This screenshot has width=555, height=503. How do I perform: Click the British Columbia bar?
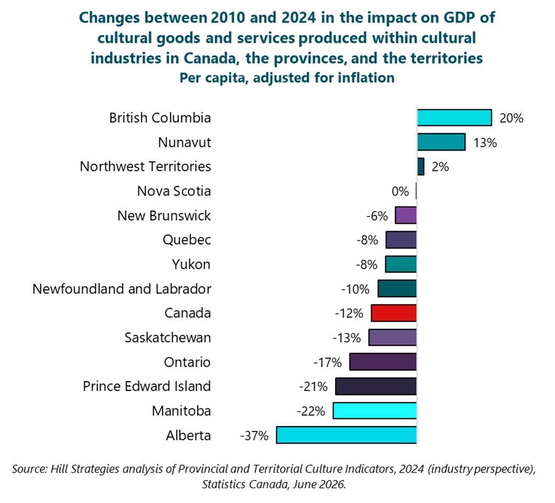coord(454,118)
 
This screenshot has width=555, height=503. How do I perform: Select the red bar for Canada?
coord(394,313)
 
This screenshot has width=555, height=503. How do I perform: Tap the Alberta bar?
coord(347,435)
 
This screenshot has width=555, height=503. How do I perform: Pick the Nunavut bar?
coord(441,142)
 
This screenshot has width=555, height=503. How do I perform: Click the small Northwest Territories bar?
coord(420,166)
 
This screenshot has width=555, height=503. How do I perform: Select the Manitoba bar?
coord(375,411)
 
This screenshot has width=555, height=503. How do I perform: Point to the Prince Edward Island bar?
coord(376,386)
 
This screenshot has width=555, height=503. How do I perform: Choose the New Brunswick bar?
coord(405,215)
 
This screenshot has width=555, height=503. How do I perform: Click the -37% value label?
coord(254,435)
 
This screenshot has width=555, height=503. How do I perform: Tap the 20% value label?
coord(511,118)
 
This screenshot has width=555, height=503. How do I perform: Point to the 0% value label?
coord(400,191)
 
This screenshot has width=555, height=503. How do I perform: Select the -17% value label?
coord(327,363)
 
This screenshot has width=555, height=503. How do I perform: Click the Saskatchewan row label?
coord(168,338)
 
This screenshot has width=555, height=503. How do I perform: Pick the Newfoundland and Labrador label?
coord(122,289)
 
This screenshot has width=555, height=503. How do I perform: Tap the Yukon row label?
coord(191,264)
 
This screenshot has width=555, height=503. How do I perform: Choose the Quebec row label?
coord(187,240)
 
